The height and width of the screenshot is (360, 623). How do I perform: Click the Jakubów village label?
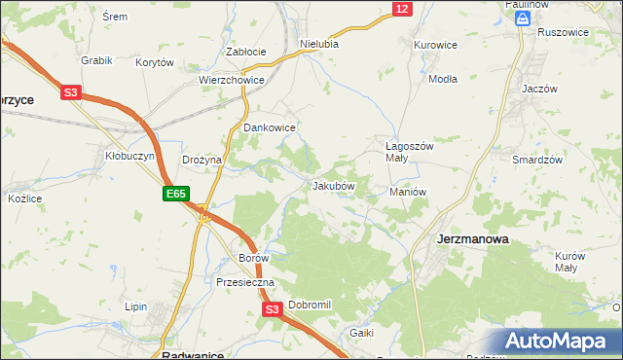(x=333, y=185)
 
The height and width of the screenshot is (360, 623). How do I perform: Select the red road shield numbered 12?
(x=402, y=9)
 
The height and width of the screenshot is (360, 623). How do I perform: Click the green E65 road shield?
(x=175, y=195)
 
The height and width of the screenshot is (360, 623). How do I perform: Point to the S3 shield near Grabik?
(x=70, y=93)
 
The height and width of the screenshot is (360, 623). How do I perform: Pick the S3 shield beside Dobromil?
(x=273, y=309)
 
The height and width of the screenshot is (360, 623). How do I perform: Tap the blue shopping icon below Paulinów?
(x=523, y=18)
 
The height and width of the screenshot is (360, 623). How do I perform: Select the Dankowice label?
(x=269, y=127)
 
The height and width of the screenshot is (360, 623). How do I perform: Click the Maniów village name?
(x=408, y=192)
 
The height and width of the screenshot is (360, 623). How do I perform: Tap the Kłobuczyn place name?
(x=124, y=156)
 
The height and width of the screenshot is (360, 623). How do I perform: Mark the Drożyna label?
(x=202, y=160)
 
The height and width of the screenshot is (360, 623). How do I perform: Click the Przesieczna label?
(x=245, y=282)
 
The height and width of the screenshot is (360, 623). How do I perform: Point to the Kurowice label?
(x=435, y=45)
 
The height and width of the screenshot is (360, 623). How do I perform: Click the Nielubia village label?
(x=319, y=44)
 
